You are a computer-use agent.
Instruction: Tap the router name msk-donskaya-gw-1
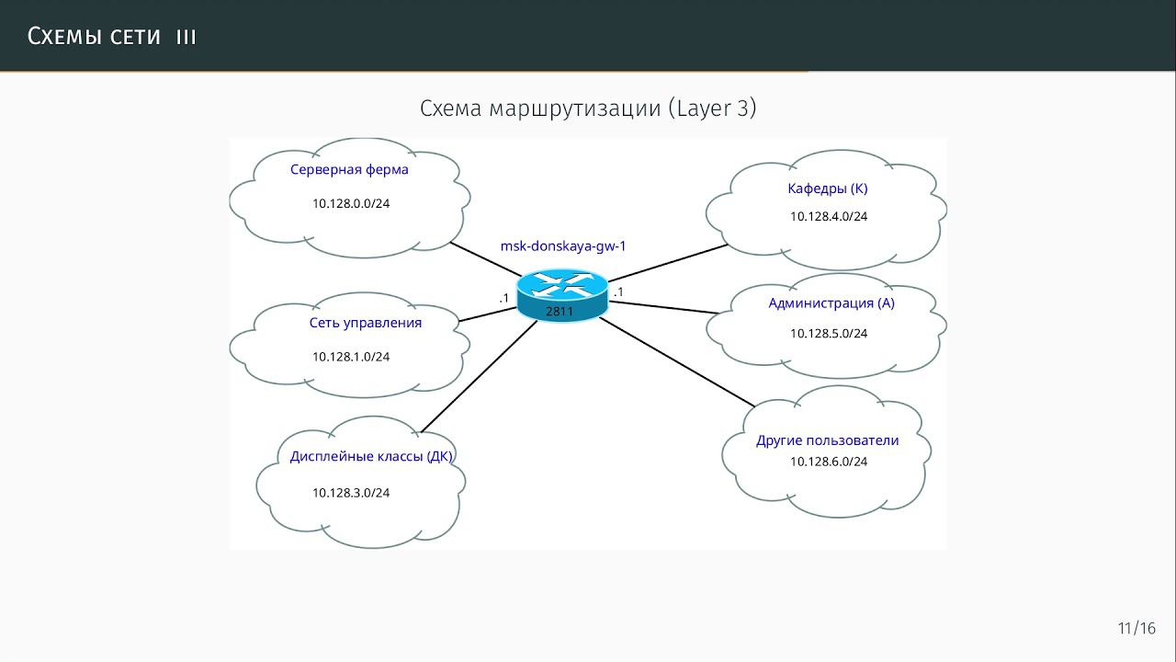point(563,246)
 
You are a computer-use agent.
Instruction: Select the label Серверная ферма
point(349,169)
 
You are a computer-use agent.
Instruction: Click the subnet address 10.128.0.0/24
point(351,203)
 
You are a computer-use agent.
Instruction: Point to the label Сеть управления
point(366,323)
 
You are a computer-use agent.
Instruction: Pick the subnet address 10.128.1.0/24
point(351,357)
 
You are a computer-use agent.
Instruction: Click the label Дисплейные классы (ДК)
point(371,457)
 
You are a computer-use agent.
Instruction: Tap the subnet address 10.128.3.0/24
point(351,493)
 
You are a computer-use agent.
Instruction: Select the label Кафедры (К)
point(828,188)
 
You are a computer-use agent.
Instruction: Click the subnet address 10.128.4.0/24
point(829,217)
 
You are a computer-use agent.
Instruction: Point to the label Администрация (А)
point(831,303)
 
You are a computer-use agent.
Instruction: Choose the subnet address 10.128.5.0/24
point(829,334)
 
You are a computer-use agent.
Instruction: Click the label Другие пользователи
point(828,440)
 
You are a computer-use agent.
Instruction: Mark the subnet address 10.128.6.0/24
point(829,462)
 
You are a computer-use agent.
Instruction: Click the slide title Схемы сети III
point(112,36)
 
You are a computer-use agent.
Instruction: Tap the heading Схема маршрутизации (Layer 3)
point(588,108)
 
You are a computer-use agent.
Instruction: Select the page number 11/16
point(1136,629)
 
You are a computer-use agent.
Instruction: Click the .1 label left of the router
point(503,298)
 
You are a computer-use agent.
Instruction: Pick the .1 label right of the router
point(619,292)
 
